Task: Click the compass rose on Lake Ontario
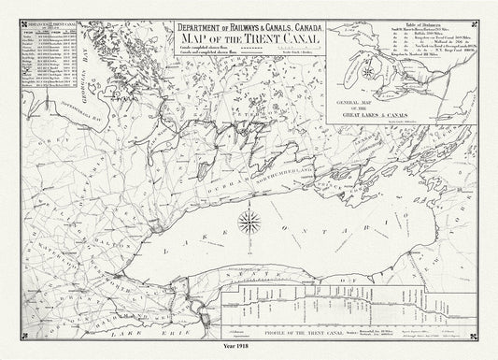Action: tap(249, 222)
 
